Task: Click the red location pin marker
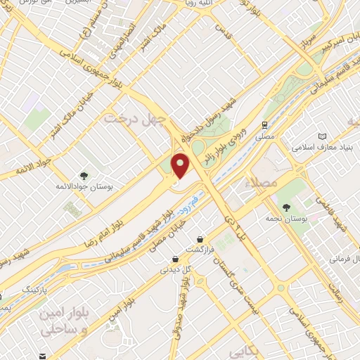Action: pos(180,166)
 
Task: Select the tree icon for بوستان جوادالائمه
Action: pos(84,176)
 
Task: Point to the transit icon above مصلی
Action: pos(264,125)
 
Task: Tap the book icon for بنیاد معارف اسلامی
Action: pos(322,136)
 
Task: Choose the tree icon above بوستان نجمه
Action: pos(286,207)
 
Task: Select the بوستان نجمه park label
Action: pos(286,219)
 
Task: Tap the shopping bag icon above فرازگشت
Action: pos(200,239)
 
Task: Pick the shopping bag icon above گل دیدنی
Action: pos(175,257)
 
